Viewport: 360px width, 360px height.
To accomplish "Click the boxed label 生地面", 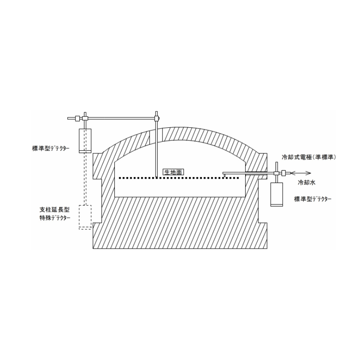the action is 173,172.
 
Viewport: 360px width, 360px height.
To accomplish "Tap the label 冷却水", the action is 306,183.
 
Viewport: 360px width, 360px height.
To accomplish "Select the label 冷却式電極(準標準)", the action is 309,157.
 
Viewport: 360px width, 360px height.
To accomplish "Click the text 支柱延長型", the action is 54,210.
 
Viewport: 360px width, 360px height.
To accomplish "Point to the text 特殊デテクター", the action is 55,218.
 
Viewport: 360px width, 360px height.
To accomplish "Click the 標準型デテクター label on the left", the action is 51,149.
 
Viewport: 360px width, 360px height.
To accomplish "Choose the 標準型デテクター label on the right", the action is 313,199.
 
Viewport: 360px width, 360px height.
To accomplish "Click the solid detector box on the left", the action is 85,141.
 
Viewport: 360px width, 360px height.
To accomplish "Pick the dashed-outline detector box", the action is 85,217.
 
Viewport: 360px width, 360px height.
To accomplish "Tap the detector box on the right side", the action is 276,195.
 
